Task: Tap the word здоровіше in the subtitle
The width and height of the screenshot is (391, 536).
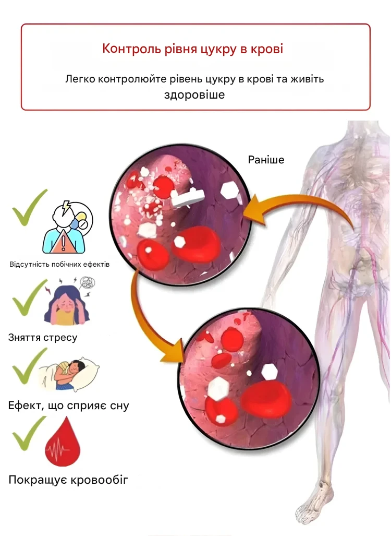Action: (x=194, y=94)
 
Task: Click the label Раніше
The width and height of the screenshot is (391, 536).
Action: (x=266, y=160)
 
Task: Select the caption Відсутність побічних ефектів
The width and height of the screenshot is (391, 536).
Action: (x=59, y=264)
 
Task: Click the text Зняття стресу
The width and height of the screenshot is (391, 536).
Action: (x=43, y=338)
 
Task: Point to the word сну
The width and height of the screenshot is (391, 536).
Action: (x=119, y=406)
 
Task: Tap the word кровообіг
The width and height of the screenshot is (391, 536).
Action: (x=100, y=480)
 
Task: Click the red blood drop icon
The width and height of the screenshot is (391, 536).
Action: (x=63, y=443)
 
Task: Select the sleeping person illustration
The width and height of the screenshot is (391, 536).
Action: (x=69, y=374)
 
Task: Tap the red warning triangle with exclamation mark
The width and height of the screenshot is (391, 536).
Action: (x=64, y=242)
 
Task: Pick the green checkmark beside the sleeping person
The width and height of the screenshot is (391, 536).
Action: (x=29, y=366)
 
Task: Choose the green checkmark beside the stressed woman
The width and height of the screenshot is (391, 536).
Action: (x=29, y=297)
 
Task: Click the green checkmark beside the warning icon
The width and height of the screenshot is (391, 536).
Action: (x=29, y=208)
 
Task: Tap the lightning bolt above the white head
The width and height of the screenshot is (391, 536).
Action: (x=65, y=207)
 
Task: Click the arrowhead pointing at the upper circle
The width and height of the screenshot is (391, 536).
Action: (x=253, y=211)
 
